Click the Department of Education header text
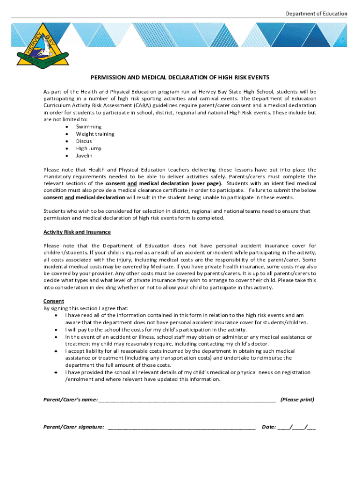(317, 14)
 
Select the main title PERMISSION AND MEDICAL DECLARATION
(180, 77)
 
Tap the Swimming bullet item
(89, 127)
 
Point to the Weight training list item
(95, 134)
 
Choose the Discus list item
(84, 141)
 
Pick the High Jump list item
(89, 148)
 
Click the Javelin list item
(85, 156)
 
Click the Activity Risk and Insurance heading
(77, 232)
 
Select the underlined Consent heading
(54, 301)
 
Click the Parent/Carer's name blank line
(187, 400)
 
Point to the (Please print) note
(297, 400)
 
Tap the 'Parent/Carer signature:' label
(74, 427)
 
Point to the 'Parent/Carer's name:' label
(71, 400)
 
